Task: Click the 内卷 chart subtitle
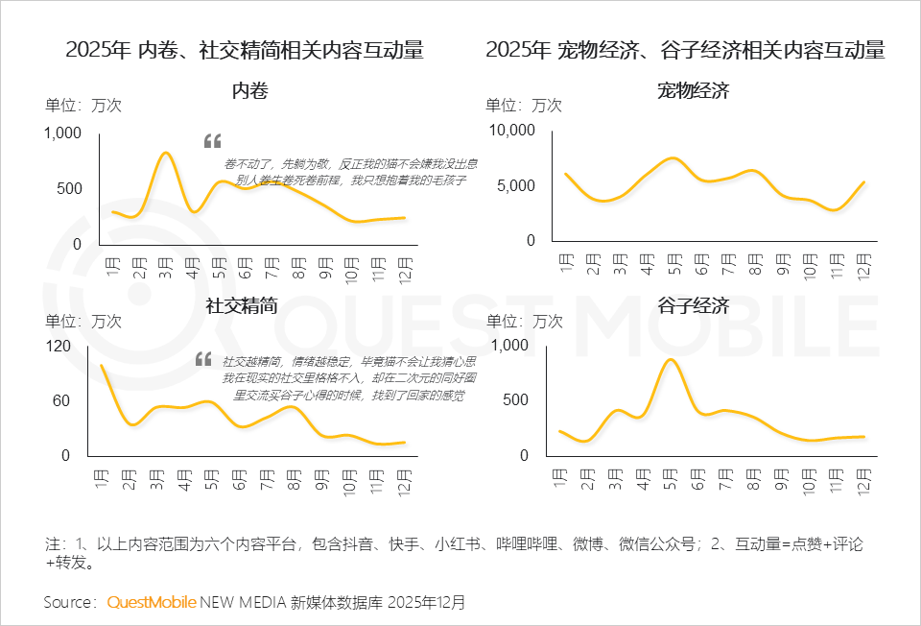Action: click(x=249, y=91)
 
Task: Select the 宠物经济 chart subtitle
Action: click(x=694, y=91)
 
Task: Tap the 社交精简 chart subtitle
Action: click(x=242, y=306)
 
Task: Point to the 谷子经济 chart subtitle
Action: click(x=694, y=306)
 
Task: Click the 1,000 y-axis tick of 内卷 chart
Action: click(x=63, y=133)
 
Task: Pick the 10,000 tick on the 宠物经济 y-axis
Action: click(x=511, y=131)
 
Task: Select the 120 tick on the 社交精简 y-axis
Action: click(x=59, y=345)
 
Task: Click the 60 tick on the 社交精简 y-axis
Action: click(x=62, y=400)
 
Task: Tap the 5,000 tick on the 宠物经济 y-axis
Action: click(x=515, y=185)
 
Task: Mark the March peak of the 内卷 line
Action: click(x=166, y=153)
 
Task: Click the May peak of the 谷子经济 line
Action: click(x=671, y=360)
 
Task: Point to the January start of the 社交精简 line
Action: click(x=102, y=365)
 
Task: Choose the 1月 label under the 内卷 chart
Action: click(x=113, y=262)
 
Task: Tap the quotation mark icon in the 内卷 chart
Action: click(x=212, y=141)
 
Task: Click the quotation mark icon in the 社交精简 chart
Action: click(x=203, y=359)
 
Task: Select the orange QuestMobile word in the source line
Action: click(x=152, y=603)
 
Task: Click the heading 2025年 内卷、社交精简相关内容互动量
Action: click(x=245, y=50)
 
